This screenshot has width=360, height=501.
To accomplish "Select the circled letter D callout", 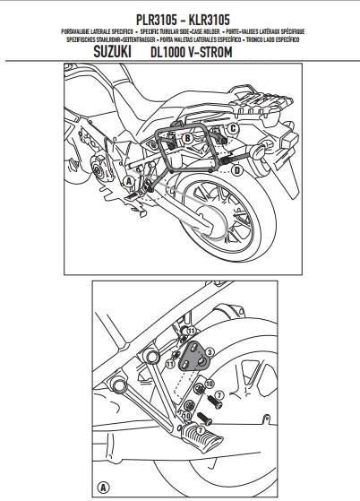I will click(x=237, y=168).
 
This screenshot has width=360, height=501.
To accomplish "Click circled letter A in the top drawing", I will click(x=130, y=180).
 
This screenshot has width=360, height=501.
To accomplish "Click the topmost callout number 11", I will click(x=189, y=333).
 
